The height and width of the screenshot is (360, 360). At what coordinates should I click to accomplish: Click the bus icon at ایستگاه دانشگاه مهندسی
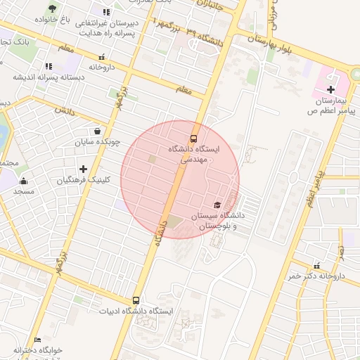(x=193, y=138)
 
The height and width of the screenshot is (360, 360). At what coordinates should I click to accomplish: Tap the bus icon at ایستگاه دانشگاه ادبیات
(x=136, y=300)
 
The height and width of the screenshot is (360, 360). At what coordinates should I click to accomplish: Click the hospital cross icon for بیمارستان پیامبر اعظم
(x=330, y=89)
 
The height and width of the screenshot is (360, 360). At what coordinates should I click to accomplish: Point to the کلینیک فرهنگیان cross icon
(x=84, y=169)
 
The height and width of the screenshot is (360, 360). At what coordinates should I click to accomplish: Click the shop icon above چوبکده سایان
(x=96, y=131)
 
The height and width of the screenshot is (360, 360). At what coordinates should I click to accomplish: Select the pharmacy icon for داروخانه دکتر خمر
(x=316, y=266)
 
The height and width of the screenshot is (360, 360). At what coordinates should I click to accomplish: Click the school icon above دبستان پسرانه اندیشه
(x=49, y=66)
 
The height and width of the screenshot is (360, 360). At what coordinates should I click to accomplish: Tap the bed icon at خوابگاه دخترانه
(x=37, y=340)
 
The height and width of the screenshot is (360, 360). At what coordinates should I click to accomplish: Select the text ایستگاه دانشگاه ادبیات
(x=136, y=311)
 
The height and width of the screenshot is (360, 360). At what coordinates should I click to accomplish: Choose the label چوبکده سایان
(x=97, y=142)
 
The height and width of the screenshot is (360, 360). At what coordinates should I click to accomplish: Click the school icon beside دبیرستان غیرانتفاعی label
(x=106, y=12)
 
